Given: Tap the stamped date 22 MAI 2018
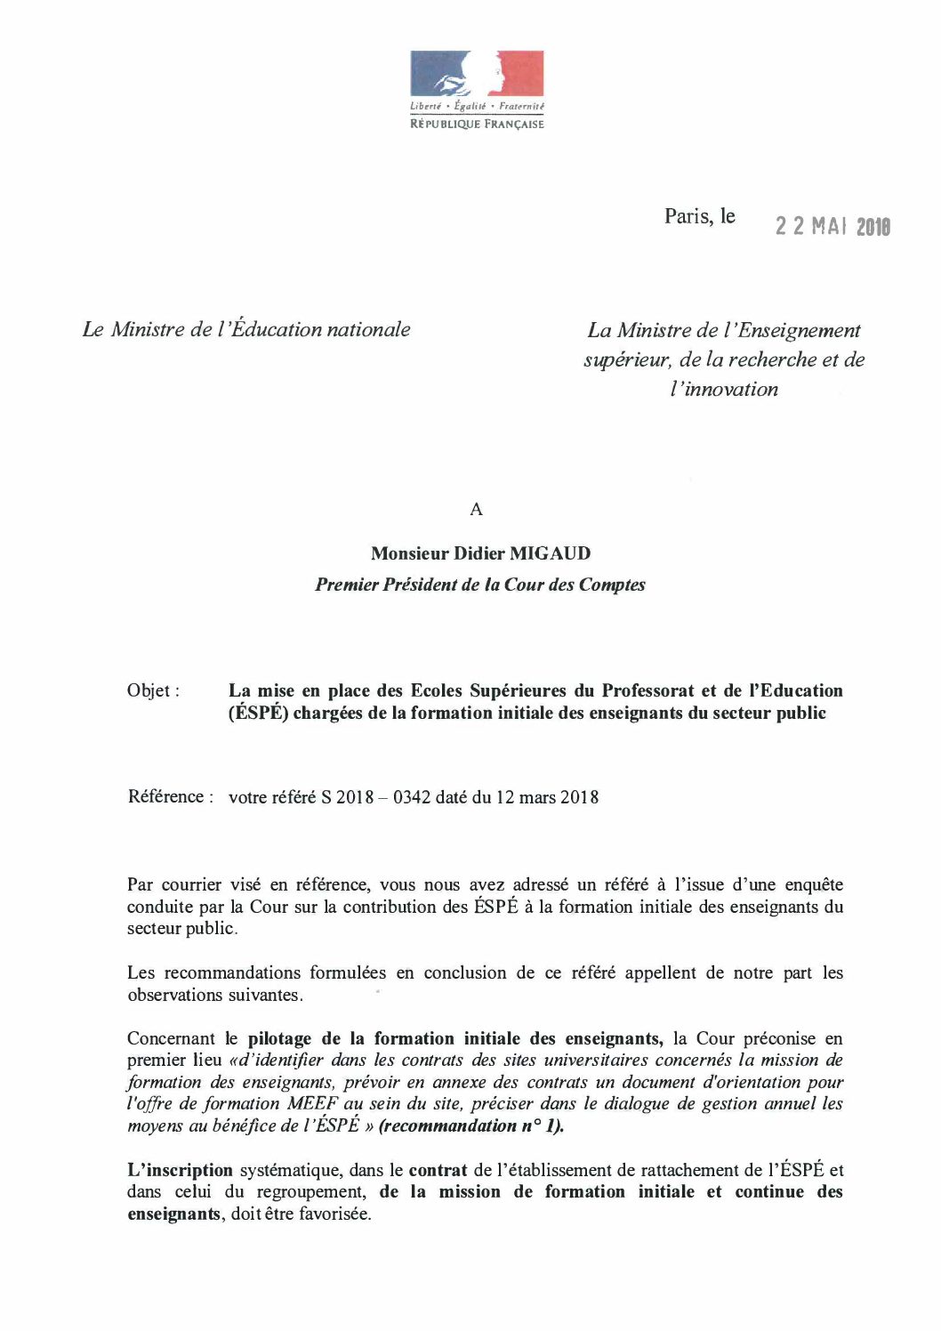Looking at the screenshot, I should pos(832,227).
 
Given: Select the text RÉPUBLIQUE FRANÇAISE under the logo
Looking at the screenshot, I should pos(477,125).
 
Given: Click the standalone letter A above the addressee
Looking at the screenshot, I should pos(476,510).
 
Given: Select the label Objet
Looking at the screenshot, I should pos(153,691).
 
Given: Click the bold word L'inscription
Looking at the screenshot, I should pos(180,1171).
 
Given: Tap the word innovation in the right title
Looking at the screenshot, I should pos(724,390).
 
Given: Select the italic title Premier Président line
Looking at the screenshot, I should pos(480,585).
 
